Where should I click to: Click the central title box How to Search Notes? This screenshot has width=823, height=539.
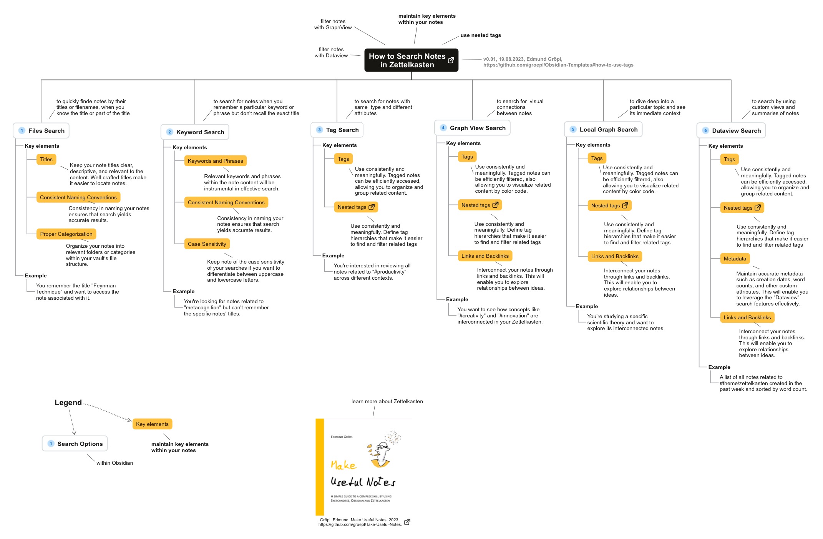tap(411, 60)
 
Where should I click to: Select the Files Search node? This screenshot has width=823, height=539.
tap(41, 130)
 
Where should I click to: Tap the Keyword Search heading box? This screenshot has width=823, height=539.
tap(195, 132)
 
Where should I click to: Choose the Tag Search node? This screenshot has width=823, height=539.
tap(337, 130)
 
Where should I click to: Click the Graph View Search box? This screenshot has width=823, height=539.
tap(472, 128)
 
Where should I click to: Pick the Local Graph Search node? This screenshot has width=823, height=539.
tap(603, 129)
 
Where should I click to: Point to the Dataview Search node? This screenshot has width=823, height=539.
tap(731, 130)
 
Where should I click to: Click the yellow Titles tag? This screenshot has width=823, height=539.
tap(46, 159)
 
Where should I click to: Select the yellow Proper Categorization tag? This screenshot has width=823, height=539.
tap(66, 234)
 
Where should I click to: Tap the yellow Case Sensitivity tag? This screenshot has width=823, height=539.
tap(207, 244)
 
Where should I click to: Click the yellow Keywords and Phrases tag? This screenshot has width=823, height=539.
tap(215, 161)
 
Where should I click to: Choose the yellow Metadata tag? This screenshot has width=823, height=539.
tap(735, 259)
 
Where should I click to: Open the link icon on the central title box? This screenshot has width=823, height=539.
tap(451, 60)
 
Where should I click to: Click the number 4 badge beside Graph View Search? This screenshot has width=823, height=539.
tap(443, 128)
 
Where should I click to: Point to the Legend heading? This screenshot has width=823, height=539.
tap(68, 402)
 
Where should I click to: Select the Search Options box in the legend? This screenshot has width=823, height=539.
tap(75, 444)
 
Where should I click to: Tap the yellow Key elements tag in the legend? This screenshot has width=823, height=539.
tap(152, 424)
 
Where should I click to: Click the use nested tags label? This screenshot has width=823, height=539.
tap(481, 35)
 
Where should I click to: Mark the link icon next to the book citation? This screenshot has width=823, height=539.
tap(407, 522)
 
